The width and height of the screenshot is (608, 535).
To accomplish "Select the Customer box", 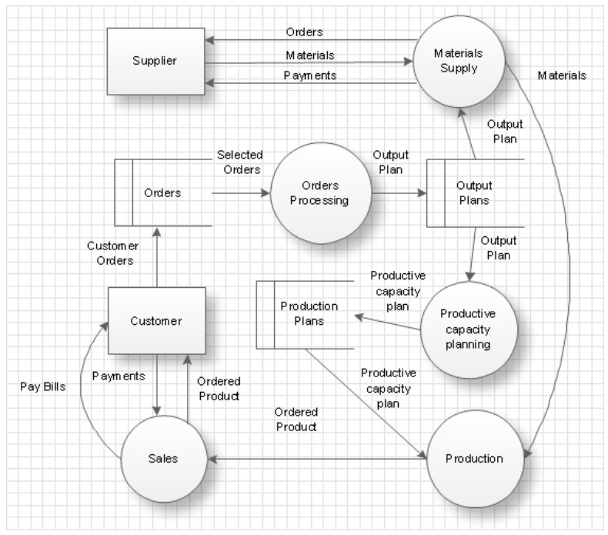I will tap(156, 320).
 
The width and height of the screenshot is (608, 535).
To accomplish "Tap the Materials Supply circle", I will tap(457, 62).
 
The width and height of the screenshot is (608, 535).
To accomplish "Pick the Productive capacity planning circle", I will tap(467, 329).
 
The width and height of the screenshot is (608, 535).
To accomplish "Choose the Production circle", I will tap(474, 459).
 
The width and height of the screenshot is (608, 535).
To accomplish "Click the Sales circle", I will tap(162, 459).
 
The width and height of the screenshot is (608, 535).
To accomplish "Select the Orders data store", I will tap(162, 192).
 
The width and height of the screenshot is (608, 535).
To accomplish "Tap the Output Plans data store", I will tap(474, 192).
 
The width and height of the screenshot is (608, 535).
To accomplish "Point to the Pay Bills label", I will tap(43, 386).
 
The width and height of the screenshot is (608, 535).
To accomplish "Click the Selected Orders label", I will tap(239, 162).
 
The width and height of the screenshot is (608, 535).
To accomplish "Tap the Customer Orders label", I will tap(112, 253).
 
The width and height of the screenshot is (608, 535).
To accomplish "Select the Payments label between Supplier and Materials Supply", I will tap(310, 75).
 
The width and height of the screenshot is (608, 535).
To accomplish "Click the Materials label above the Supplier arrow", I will tap(310, 55).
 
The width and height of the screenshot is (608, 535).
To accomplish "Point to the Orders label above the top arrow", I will tap(305, 32).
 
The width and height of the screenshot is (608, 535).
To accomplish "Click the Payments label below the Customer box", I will tap(119, 376).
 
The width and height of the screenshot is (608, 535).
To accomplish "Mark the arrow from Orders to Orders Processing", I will tap(241, 193).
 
